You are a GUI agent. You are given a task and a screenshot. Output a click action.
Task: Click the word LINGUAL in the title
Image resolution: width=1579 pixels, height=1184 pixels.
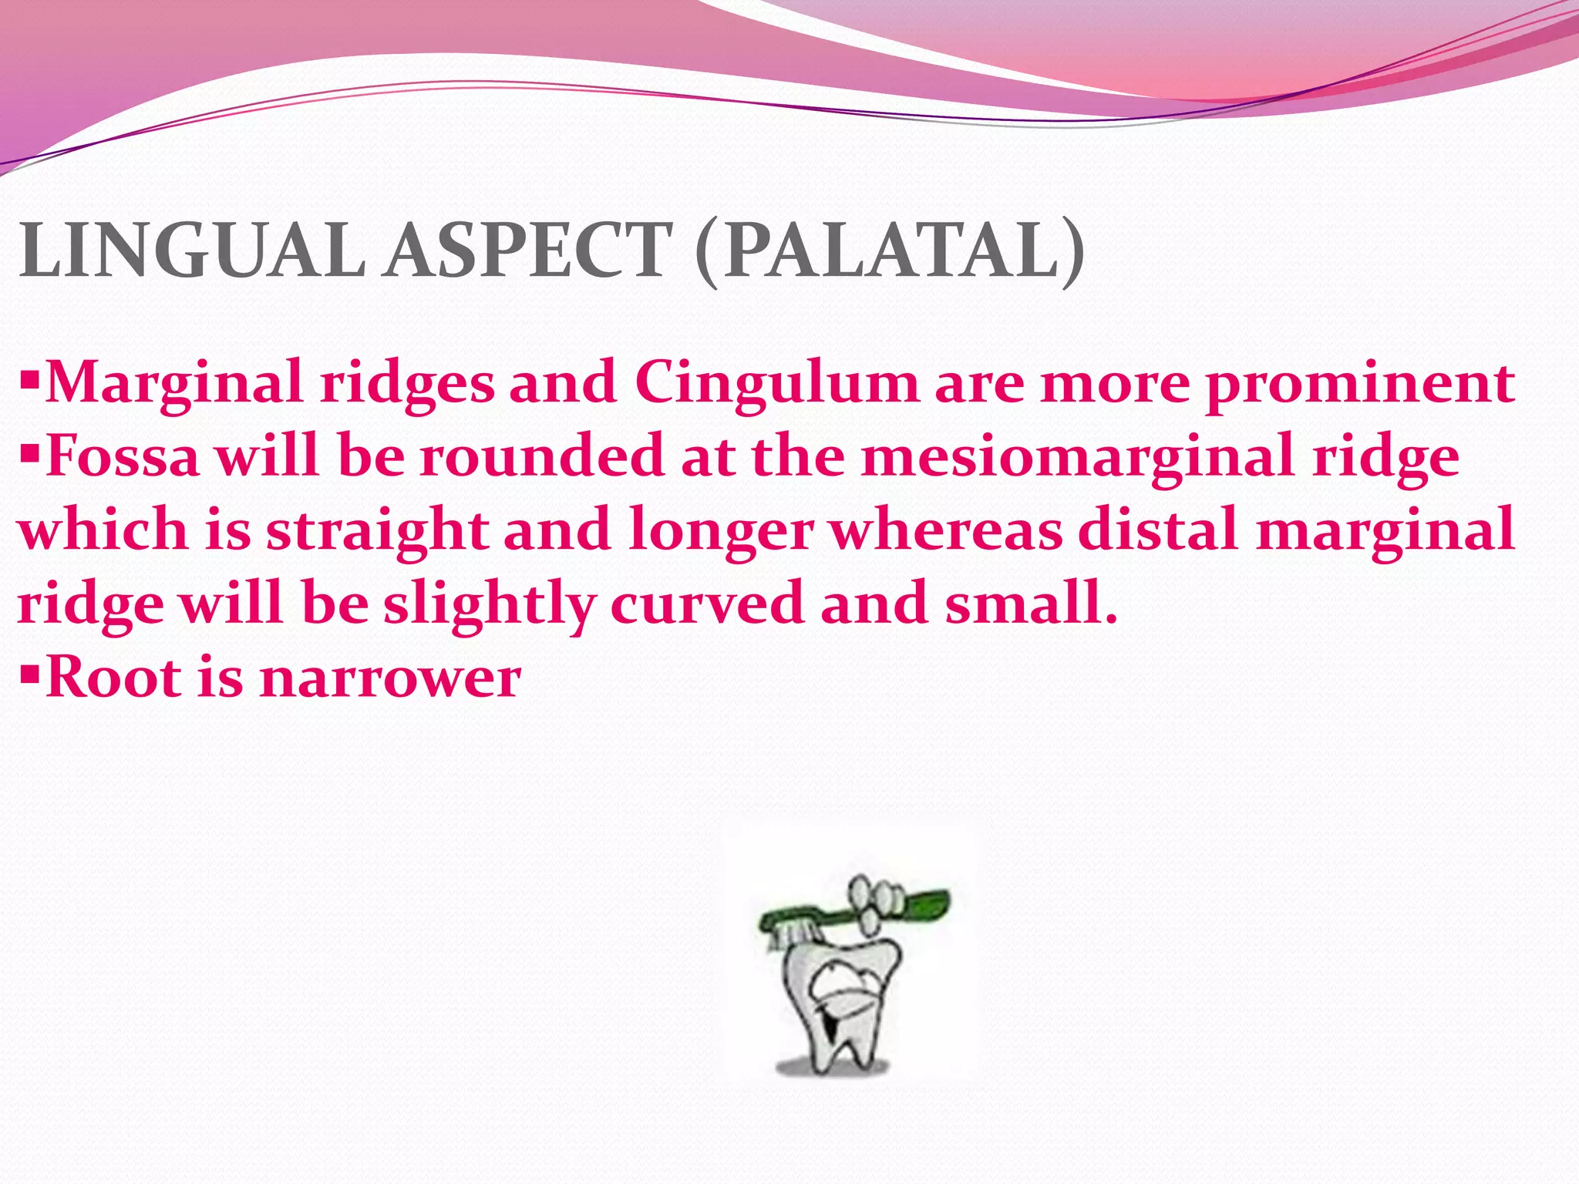[193, 251]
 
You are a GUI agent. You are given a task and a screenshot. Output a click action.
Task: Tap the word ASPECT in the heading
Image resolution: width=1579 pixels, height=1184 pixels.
[530, 251]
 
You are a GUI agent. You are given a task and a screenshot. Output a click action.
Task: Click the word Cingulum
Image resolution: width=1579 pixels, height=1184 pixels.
[776, 383]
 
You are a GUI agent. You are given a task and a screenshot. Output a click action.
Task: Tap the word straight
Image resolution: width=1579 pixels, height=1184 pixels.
[378, 530]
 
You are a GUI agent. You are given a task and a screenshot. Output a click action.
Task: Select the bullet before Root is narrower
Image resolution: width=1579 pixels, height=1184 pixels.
[29, 674]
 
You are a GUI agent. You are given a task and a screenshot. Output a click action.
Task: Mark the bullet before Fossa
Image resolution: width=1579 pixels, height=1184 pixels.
[29, 453]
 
